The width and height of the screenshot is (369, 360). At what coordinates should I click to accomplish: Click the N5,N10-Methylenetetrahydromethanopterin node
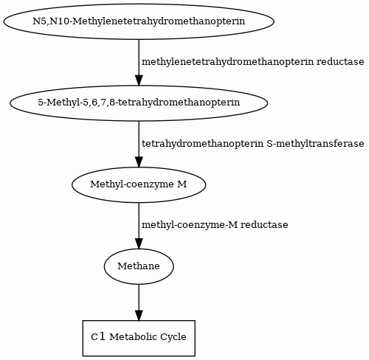[139, 21]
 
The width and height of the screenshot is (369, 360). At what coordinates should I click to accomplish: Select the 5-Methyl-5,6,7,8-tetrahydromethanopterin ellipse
[139, 103]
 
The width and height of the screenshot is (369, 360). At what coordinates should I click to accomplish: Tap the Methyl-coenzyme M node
[139, 185]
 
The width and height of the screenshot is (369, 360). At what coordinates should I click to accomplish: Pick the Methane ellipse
[139, 266]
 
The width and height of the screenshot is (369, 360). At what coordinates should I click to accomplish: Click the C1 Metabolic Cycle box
[139, 338]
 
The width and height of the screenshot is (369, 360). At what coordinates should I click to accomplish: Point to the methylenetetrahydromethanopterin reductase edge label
[252, 62]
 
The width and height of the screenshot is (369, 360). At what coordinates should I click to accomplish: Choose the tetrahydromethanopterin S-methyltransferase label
[252, 144]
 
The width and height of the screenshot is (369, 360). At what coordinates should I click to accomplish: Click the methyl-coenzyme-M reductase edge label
[215, 225]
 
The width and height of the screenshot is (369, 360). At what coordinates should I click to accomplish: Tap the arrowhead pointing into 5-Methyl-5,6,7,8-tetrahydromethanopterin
[139, 80]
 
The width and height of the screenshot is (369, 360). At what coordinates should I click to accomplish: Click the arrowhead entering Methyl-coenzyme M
[139, 162]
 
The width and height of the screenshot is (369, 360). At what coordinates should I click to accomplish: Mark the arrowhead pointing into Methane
[139, 244]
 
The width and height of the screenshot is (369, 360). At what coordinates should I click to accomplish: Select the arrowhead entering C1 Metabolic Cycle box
[139, 316]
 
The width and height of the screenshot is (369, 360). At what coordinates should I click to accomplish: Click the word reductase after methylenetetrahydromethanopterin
[340, 62]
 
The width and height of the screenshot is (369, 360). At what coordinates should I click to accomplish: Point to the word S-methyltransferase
[315, 144]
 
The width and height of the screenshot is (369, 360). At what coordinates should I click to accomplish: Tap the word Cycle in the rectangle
[173, 337]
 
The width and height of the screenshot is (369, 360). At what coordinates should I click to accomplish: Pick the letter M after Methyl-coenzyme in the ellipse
[182, 184]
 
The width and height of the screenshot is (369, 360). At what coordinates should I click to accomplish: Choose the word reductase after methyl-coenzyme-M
[264, 225]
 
